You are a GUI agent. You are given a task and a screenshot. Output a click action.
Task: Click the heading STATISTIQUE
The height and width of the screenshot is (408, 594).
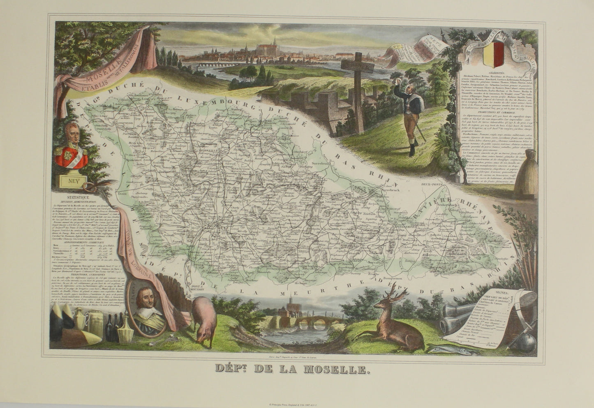tap(69, 199)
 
